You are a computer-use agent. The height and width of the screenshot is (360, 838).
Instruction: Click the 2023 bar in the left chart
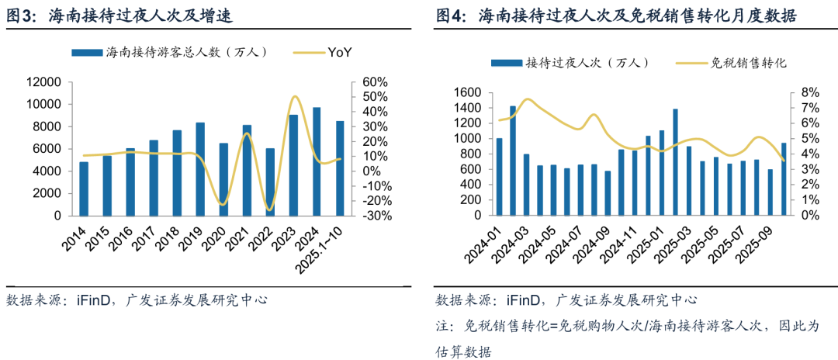(293, 165)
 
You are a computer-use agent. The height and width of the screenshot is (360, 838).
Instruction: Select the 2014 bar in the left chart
(84, 189)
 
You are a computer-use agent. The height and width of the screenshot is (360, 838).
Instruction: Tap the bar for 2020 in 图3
(223, 179)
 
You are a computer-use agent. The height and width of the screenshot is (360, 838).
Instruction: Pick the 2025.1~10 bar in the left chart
(340, 168)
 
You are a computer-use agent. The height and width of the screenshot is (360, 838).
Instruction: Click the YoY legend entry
(340, 52)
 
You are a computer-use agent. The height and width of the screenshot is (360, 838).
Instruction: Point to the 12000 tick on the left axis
(44, 82)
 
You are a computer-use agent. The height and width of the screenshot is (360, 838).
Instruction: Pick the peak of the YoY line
(295, 97)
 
